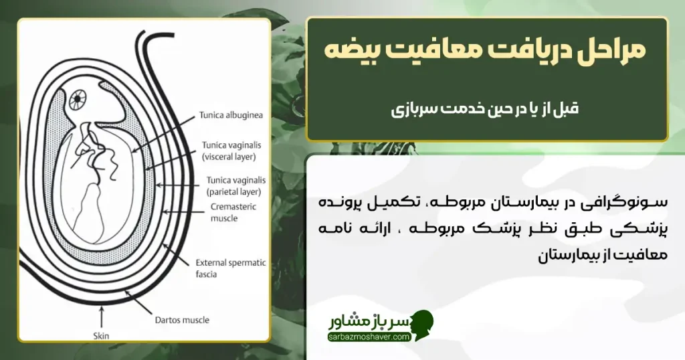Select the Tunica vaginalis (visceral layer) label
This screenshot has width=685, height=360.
tap(234, 150)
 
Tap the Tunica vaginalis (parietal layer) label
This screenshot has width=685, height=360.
tap(235, 185)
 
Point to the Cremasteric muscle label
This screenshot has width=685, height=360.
tap(233, 213)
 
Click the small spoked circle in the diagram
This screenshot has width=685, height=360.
tap(79, 100)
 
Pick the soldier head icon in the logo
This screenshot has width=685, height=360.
tap(423, 325)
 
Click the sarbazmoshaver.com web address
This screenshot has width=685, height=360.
tap(369, 337)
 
